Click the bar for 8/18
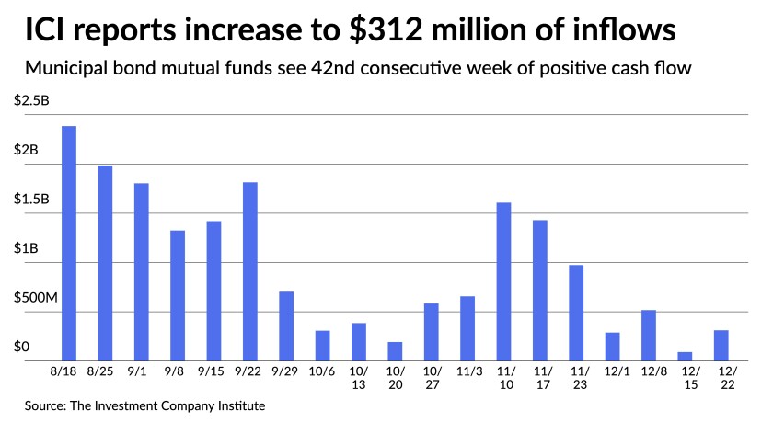click(x=68, y=244)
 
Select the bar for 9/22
click(x=249, y=271)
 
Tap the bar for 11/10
click(x=503, y=281)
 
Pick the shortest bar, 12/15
click(x=685, y=356)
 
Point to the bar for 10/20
click(x=395, y=351)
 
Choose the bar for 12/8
click(x=649, y=336)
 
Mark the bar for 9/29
click(x=286, y=326)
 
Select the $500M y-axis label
click(x=34, y=298)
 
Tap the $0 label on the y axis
click(x=22, y=347)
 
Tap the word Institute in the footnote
click(x=247, y=405)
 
